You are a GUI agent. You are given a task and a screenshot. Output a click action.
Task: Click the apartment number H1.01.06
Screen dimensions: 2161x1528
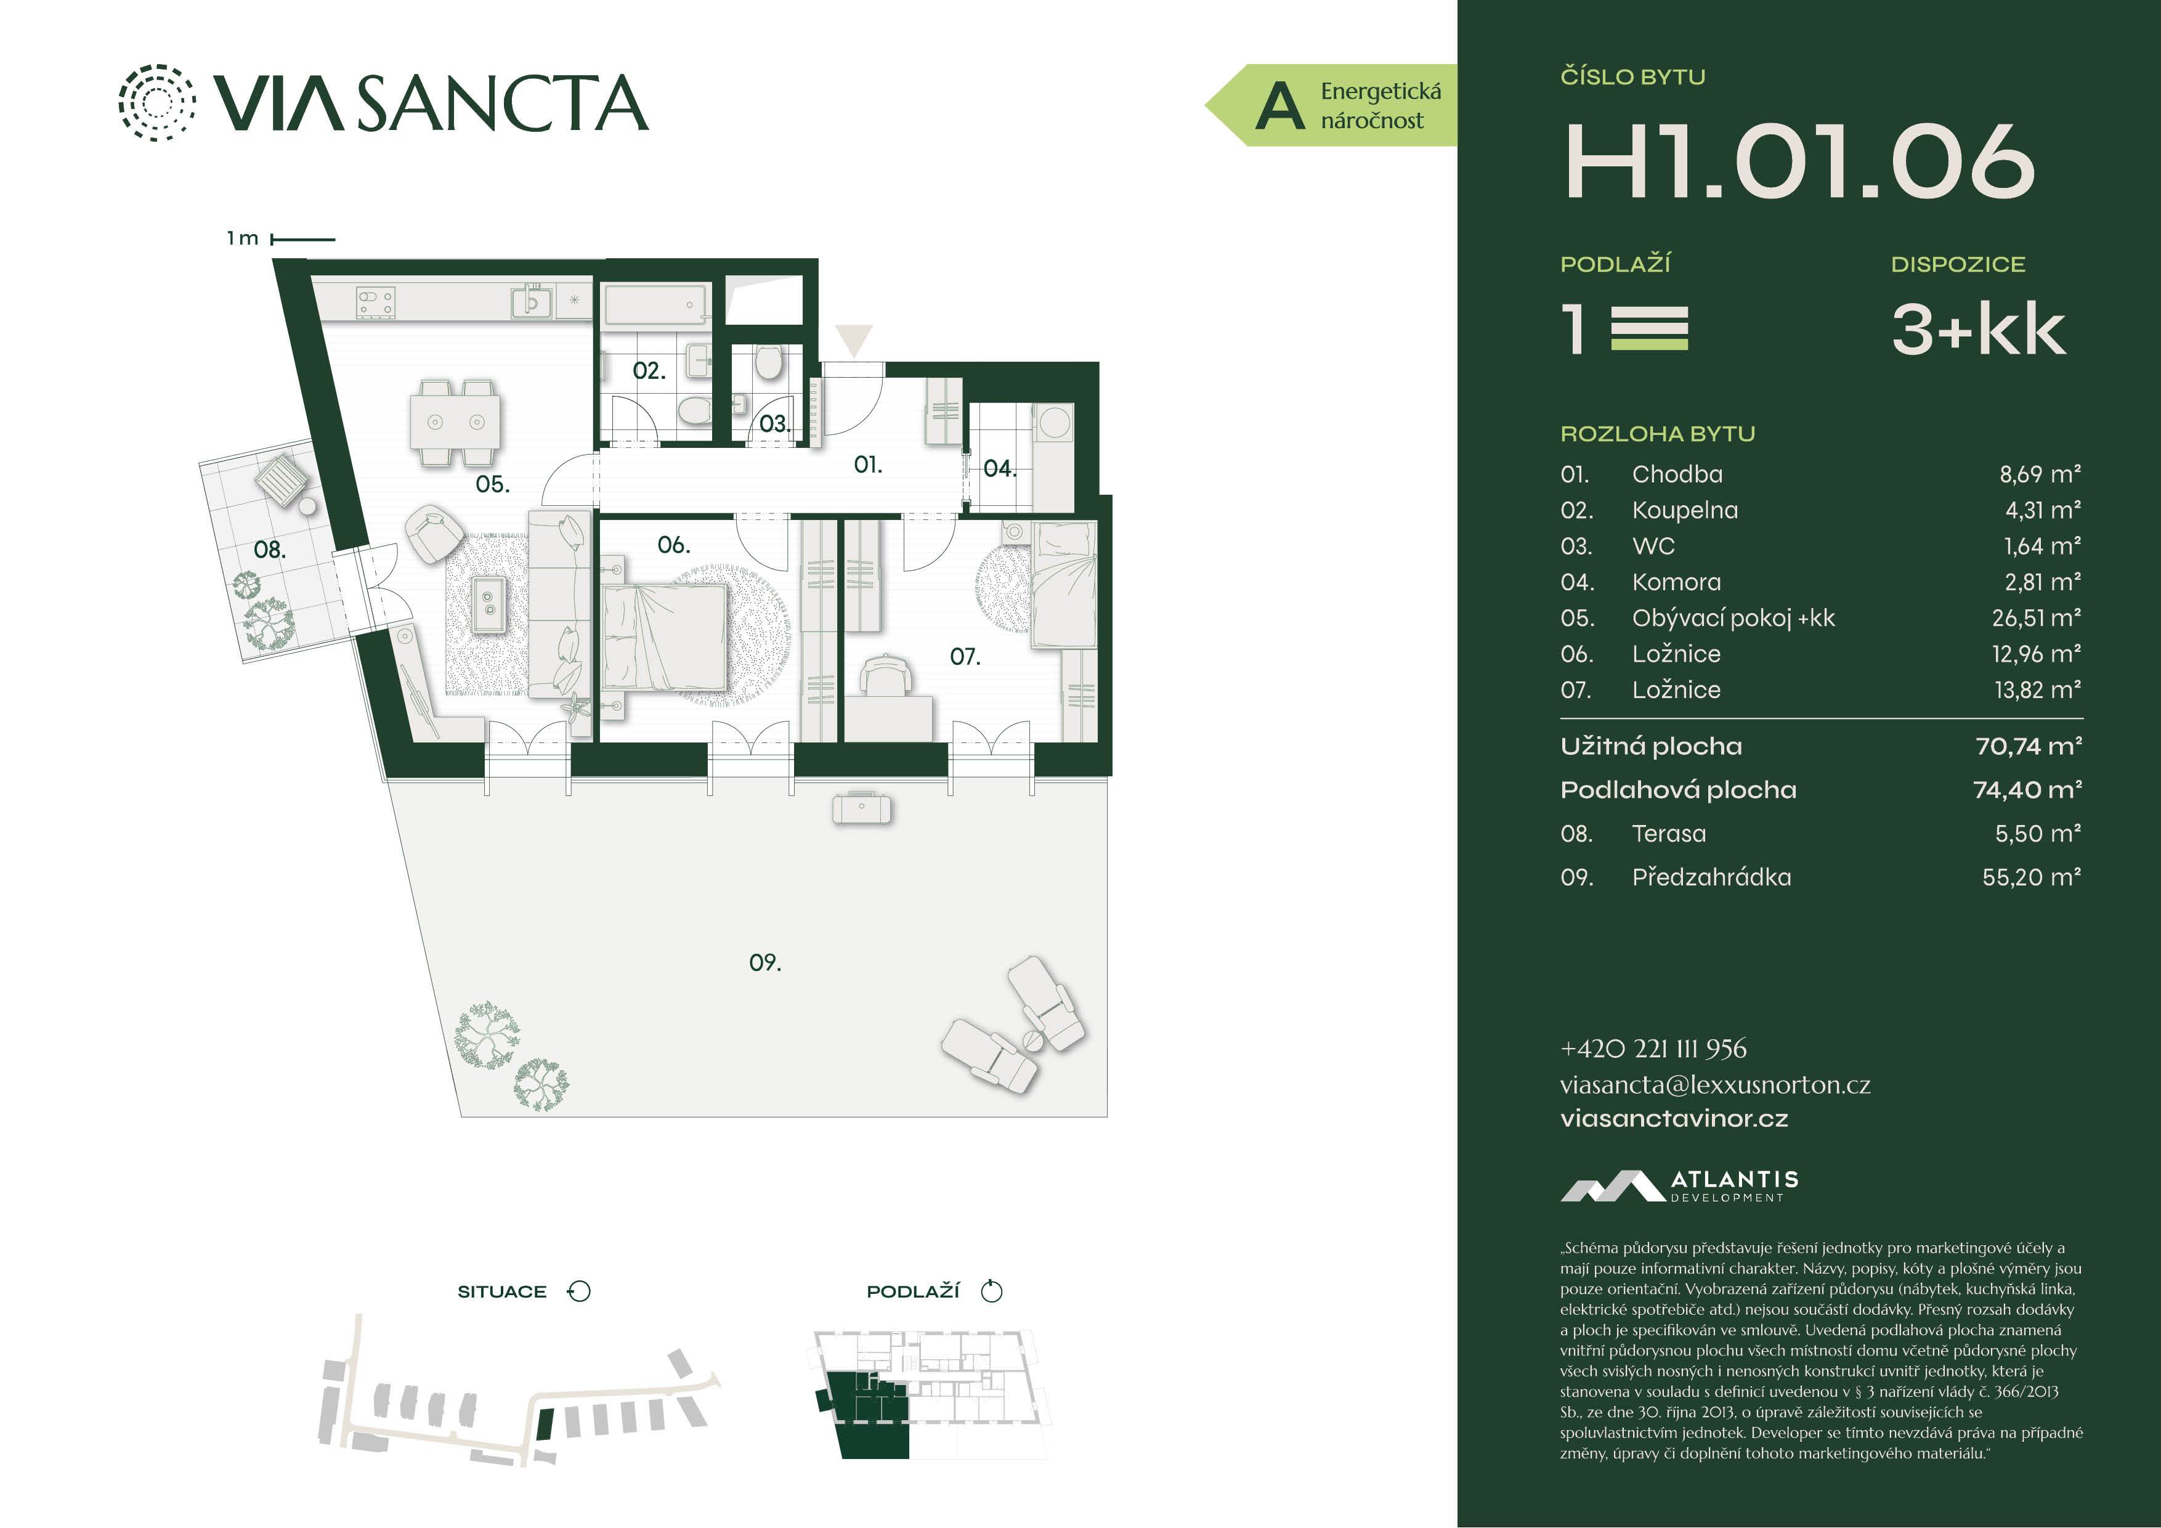click(x=1799, y=162)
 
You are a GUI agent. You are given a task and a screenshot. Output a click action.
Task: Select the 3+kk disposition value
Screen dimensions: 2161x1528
click(x=1979, y=330)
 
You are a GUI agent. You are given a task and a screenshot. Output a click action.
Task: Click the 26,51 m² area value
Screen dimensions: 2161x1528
click(x=2037, y=617)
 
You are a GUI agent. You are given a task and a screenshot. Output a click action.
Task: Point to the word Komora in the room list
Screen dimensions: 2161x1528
click(x=1676, y=582)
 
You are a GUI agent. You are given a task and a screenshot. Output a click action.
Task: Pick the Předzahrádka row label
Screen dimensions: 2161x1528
click(x=1712, y=877)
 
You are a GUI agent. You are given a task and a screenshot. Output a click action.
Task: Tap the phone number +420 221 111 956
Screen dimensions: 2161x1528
click(x=1653, y=1049)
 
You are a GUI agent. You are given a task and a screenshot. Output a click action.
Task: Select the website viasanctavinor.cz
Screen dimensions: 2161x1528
click(x=1674, y=1118)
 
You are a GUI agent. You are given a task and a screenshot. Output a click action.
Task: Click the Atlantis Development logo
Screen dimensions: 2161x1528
click(x=1679, y=1186)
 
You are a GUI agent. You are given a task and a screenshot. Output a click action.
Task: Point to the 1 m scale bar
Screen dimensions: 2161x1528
click(x=303, y=239)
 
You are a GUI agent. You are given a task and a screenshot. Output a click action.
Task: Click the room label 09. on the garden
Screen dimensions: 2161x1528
click(x=765, y=962)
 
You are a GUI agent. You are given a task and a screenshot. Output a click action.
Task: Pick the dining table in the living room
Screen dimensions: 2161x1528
click(x=455, y=422)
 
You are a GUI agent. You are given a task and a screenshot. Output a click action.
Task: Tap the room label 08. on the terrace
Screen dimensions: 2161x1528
click(x=270, y=549)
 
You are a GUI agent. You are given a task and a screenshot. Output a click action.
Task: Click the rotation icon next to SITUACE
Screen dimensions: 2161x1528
click(x=579, y=1291)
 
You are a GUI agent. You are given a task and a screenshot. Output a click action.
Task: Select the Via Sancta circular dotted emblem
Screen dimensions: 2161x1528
click(x=157, y=103)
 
